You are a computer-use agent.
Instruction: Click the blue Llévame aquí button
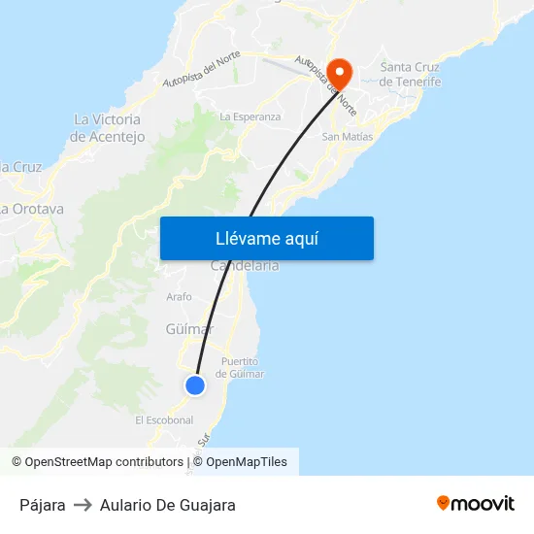coord(266,238)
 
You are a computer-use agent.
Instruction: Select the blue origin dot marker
coord(195,385)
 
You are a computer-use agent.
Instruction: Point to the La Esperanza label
coord(250,117)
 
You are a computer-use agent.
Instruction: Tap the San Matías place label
coord(347,137)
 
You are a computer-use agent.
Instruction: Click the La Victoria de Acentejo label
coord(107,128)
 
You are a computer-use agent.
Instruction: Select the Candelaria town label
coord(245,266)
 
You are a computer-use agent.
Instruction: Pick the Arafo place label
coord(180,297)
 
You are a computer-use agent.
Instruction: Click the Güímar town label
coord(188,329)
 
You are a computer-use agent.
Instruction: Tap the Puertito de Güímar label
coord(239,368)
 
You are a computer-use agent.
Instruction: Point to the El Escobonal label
coord(164,420)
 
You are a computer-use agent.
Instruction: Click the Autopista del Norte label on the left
coord(202,67)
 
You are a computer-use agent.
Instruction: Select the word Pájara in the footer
coord(43,505)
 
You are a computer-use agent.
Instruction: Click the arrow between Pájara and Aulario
coord(83,505)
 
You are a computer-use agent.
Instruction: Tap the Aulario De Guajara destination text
coord(167,505)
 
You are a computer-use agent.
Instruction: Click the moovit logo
coord(475,503)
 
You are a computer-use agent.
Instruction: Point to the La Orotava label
coord(32,209)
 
